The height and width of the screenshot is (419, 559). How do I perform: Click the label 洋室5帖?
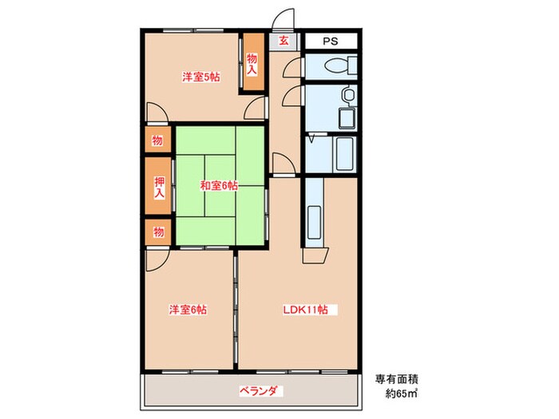point(200,77)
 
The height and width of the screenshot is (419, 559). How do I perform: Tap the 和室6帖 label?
point(218,186)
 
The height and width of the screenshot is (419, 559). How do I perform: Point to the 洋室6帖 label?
point(188,310)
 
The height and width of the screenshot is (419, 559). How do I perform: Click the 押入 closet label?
point(159,188)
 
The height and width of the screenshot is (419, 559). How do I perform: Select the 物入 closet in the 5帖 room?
point(252,63)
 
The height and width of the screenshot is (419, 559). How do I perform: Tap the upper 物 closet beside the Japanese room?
point(157,141)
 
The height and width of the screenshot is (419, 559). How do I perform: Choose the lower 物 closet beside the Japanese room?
point(157,232)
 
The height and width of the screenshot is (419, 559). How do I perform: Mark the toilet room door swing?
point(293,67)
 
